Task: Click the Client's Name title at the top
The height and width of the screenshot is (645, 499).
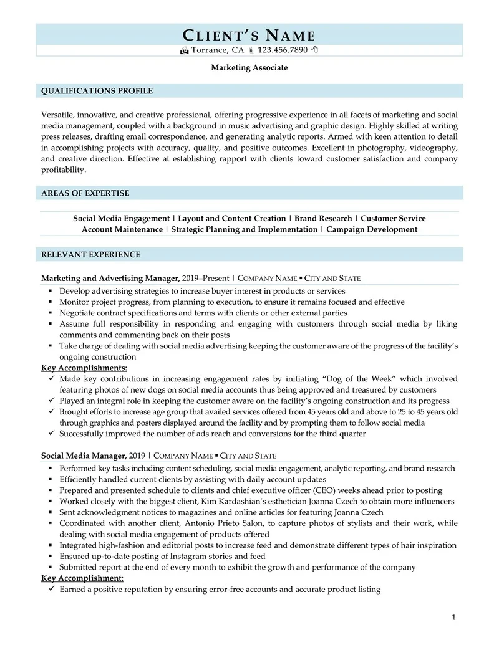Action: (249, 35)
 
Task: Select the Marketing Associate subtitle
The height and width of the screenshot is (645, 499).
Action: (249, 67)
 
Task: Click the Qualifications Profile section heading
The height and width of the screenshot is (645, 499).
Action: (97, 91)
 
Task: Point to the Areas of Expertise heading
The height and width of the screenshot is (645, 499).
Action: (85, 193)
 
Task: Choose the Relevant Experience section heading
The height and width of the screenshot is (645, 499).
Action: (90, 254)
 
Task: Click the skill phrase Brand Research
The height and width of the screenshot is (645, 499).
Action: (323, 219)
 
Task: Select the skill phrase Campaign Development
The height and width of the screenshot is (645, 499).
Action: (372, 229)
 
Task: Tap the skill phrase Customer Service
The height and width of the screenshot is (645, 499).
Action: (393, 219)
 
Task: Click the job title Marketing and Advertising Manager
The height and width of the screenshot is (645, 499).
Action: (110, 278)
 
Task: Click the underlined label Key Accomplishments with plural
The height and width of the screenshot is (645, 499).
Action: (84, 368)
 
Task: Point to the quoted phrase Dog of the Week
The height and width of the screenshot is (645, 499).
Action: (361, 379)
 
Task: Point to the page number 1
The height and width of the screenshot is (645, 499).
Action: (454, 618)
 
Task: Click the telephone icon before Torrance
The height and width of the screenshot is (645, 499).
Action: (184, 50)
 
